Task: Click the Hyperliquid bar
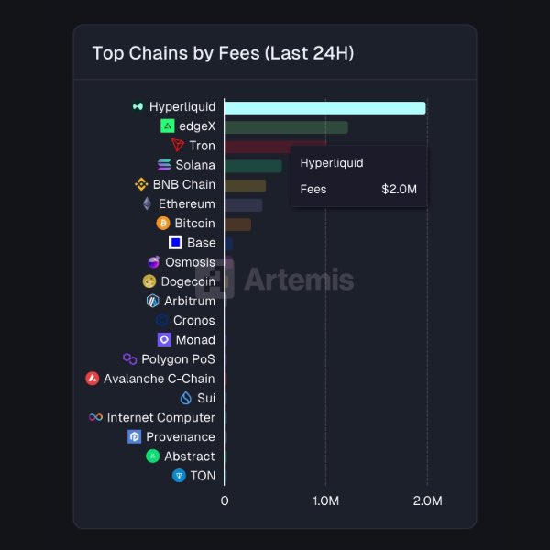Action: (x=324, y=107)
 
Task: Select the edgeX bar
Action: (x=285, y=126)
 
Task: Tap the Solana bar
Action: (x=253, y=166)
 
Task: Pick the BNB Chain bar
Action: (x=245, y=185)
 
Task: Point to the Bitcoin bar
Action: (x=237, y=224)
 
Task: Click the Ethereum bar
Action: (x=243, y=204)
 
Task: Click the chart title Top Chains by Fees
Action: (x=223, y=53)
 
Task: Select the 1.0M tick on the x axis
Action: (x=326, y=501)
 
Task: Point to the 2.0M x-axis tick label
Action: (x=427, y=501)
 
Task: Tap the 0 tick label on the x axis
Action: (x=225, y=501)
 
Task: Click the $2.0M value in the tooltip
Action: (x=399, y=190)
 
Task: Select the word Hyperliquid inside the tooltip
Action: (x=332, y=163)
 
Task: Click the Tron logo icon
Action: (x=178, y=146)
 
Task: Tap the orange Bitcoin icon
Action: (x=163, y=224)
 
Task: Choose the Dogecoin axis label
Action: (x=188, y=281)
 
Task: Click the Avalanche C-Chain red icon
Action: (x=92, y=379)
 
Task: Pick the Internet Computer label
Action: (x=160, y=417)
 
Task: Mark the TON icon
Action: (x=179, y=476)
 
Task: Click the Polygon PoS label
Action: (x=178, y=359)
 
